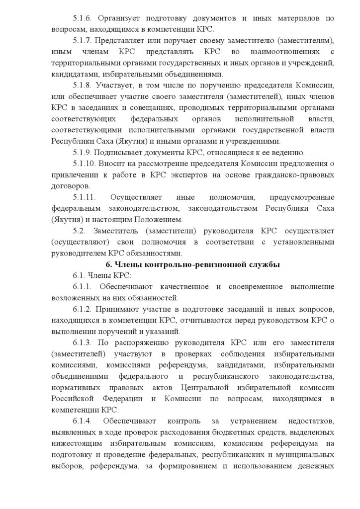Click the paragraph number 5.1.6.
[x=82, y=18]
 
